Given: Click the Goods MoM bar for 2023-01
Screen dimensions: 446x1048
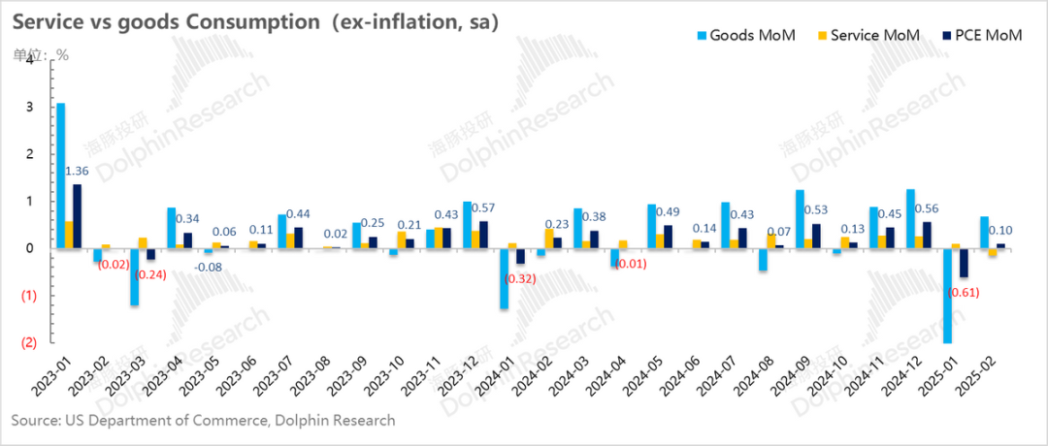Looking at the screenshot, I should pyautogui.click(x=60, y=175).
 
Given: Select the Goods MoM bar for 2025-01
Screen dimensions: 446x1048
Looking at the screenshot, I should pyautogui.click(x=946, y=296).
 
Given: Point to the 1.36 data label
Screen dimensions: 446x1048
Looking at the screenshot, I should pyautogui.click(x=79, y=172).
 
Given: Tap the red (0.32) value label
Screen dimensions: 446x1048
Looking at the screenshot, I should pyautogui.click(x=521, y=278).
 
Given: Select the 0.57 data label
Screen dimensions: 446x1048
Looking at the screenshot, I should pyautogui.click(x=483, y=208).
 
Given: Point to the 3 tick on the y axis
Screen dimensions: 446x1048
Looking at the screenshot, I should pyautogui.click(x=31, y=107).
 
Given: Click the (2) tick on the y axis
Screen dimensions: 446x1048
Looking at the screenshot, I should pyautogui.click(x=29, y=342).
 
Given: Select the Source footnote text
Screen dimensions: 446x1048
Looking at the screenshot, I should pyautogui.click(x=203, y=421).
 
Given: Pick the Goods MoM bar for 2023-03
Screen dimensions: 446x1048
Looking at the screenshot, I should pyautogui.click(x=134, y=277).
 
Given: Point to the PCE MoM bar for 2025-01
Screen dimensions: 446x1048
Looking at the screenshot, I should pyautogui.click(x=963, y=263).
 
